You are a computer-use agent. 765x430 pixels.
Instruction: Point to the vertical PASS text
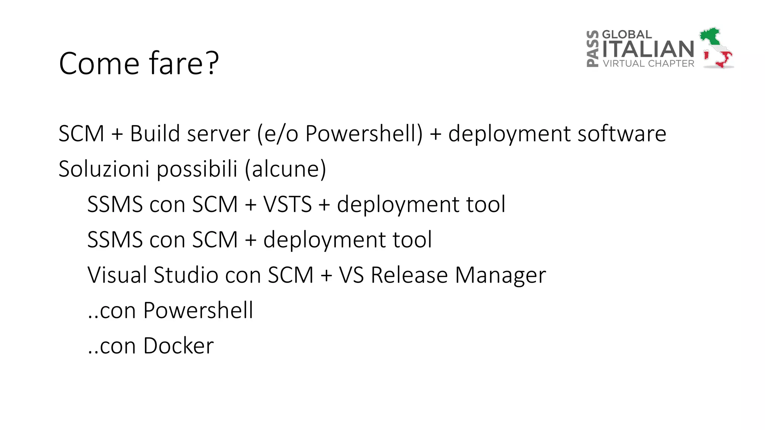[x=592, y=49]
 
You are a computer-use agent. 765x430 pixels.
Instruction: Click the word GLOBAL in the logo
[x=627, y=34]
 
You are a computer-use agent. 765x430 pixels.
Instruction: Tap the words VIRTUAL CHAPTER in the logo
[x=648, y=63]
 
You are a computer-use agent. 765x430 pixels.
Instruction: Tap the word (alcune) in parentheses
[x=285, y=169]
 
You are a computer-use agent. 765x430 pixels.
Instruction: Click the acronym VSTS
[x=287, y=204]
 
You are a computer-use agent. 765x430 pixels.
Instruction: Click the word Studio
[x=186, y=275]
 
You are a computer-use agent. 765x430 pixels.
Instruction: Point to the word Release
[x=409, y=275]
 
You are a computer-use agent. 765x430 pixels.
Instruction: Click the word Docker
[x=178, y=346]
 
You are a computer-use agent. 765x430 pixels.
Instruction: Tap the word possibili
[x=197, y=169]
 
